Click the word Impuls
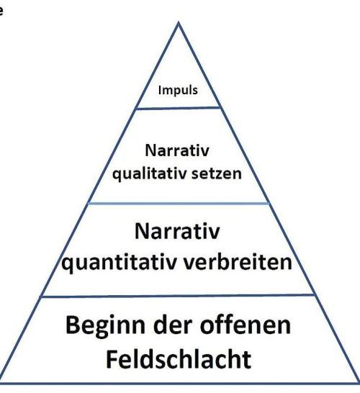(x=178, y=90)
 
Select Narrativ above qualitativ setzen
(x=177, y=150)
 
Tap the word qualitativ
(x=149, y=173)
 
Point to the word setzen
(x=216, y=173)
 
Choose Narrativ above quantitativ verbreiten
(x=177, y=231)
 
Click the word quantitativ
(x=119, y=263)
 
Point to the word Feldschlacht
(x=179, y=359)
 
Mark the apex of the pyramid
(x=179, y=22)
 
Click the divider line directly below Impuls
(x=179, y=108)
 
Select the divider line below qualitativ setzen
(x=179, y=203)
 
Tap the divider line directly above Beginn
(x=178, y=296)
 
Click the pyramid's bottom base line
(x=179, y=384)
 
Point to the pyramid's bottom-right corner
(x=358, y=383)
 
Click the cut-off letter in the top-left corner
(x=1, y=12)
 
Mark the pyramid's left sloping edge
(x=89, y=202)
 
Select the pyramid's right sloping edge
(x=269, y=202)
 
